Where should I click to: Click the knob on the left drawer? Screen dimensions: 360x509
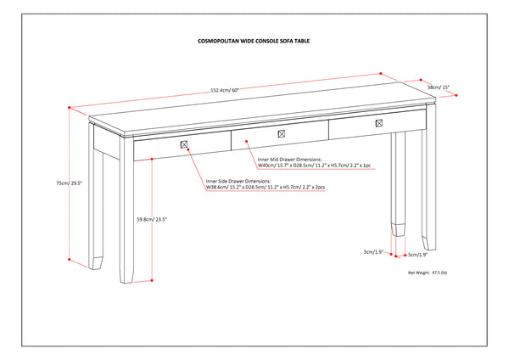[x=183, y=145]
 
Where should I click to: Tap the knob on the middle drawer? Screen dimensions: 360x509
[x=282, y=133]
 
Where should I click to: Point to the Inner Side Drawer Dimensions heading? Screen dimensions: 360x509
[x=238, y=181]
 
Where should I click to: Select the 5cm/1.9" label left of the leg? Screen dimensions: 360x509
[x=374, y=251]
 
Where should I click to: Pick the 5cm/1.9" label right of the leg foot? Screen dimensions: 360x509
[x=418, y=254]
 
